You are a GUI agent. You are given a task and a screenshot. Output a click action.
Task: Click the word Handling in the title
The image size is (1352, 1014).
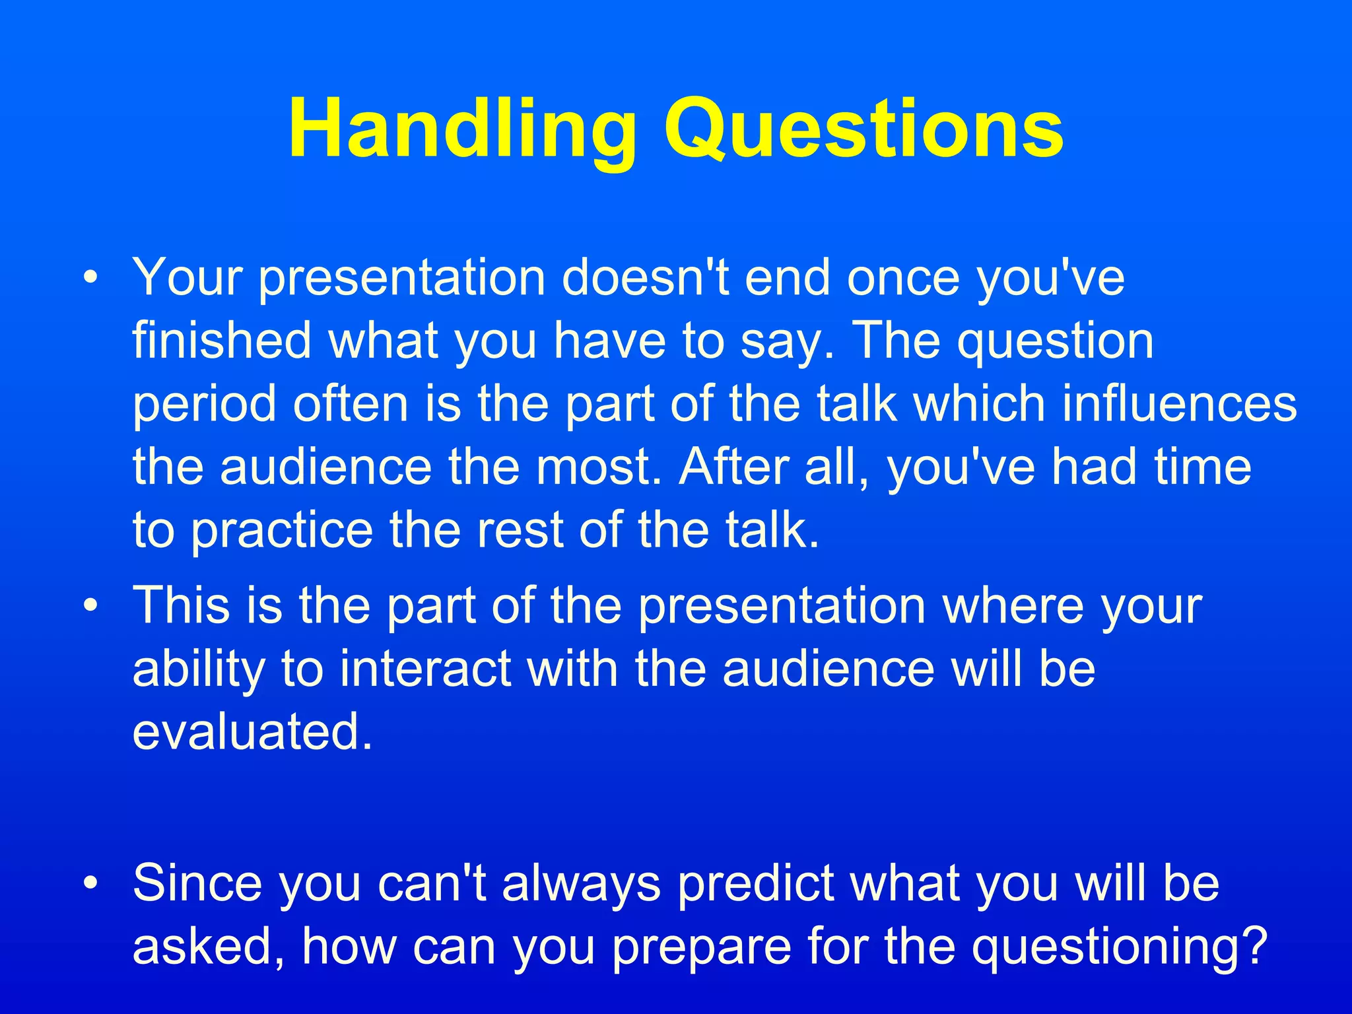pyautogui.click(x=462, y=129)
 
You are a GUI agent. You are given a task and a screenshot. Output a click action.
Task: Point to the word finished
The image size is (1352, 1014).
pyautogui.click(x=222, y=341)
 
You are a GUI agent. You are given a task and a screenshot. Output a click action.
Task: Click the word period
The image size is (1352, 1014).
pyautogui.click(x=204, y=405)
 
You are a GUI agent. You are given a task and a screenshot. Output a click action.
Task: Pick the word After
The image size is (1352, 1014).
pyautogui.click(x=733, y=467)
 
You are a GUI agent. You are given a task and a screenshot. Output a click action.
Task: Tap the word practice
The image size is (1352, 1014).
pyautogui.click(x=281, y=531)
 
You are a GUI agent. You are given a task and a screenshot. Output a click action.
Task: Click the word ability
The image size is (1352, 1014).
pyautogui.click(x=197, y=669)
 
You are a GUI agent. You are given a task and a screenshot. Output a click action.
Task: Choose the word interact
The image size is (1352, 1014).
pyautogui.click(x=426, y=668)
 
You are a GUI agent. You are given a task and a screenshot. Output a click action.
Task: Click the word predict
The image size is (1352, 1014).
pyautogui.click(x=756, y=883)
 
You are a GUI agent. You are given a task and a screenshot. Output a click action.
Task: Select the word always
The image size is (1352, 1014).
pyautogui.click(x=581, y=883)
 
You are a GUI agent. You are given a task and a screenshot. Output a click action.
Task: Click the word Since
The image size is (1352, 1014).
pyautogui.click(x=196, y=883)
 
